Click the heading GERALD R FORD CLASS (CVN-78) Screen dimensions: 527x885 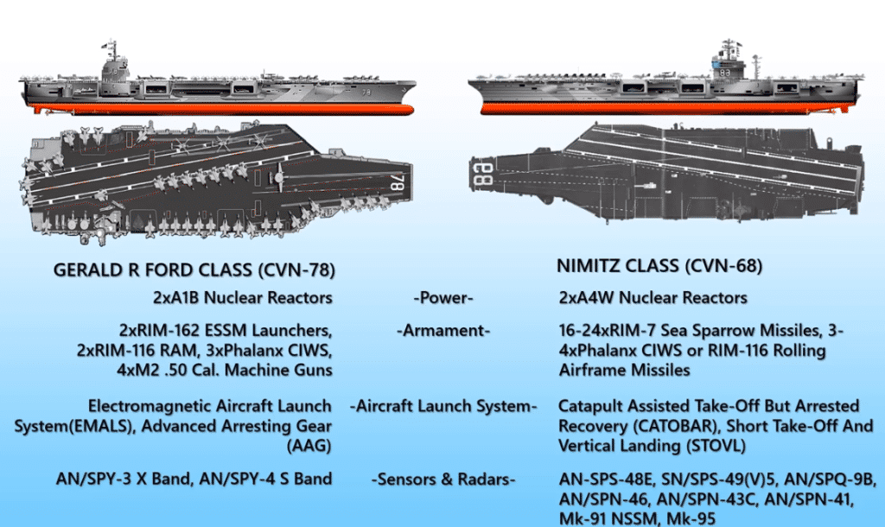pos(194,270)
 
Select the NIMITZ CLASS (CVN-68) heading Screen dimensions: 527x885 pos(660,266)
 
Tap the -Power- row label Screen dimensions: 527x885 pos(445,298)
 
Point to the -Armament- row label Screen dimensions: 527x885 pos(445,330)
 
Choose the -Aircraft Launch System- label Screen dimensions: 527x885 pos(444,406)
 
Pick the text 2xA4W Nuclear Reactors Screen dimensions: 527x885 pos(653,298)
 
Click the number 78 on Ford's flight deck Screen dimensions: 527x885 pos(397,184)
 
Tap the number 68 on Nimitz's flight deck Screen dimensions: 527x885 pos(481,178)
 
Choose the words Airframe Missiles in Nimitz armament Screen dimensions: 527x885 pos(624,369)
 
